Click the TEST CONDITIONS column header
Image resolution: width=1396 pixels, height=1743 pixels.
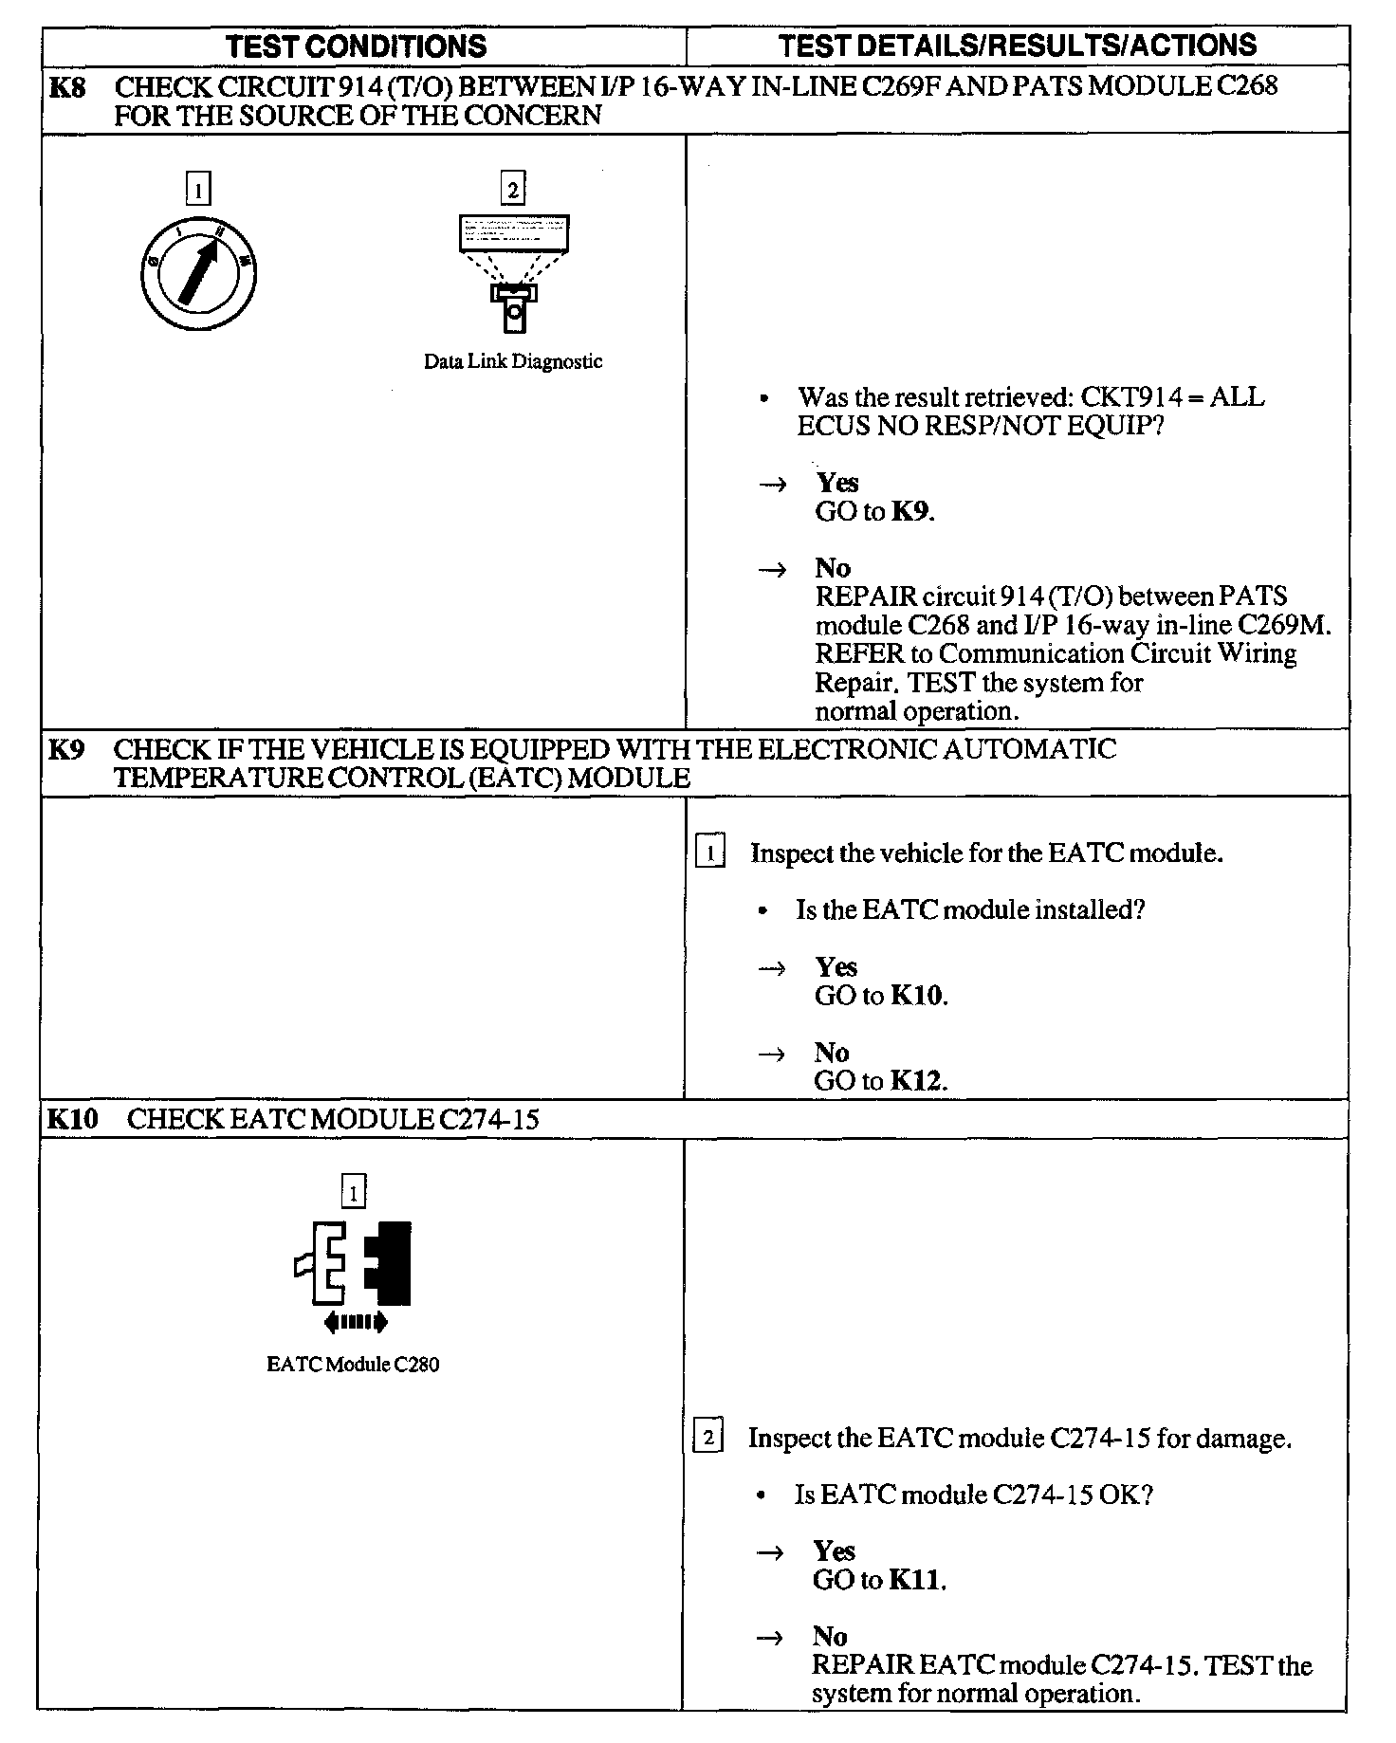[358, 46]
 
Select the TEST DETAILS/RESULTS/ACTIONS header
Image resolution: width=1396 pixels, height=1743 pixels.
[1018, 45]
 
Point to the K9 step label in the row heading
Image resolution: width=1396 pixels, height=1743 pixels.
[66, 749]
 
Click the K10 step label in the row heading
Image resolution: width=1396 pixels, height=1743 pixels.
[72, 1119]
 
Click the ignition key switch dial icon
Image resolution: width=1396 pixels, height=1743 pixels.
[197, 275]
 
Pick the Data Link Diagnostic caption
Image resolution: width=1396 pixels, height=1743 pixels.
[513, 361]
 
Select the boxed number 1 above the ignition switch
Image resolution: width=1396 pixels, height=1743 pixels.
[197, 190]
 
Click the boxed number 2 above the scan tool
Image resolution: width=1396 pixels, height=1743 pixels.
[513, 190]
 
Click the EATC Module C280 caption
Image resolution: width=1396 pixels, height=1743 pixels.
[353, 1365]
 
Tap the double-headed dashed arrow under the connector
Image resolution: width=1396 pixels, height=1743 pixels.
[355, 1322]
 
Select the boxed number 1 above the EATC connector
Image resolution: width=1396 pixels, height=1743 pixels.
[353, 1192]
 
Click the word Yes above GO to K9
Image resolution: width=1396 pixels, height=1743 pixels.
[837, 483]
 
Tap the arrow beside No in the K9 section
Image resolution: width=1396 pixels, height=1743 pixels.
[773, 1054]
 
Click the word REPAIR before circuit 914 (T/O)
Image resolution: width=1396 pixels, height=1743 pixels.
[866, 596]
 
